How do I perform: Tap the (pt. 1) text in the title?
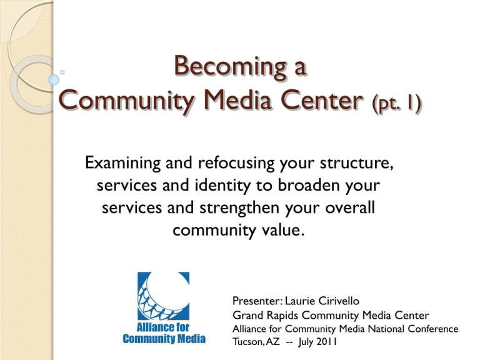[397, 103]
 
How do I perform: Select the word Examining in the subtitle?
[122, 164]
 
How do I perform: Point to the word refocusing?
[236, 164]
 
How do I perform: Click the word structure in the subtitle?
[356, 163]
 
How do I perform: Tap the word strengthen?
[239, 208]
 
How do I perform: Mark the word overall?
[349, 207]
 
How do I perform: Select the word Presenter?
[256, 301]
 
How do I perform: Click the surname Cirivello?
[339, 301]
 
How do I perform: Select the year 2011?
[327, 341]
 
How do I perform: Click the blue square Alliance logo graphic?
[164, 296]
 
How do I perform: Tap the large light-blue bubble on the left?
[54, 79]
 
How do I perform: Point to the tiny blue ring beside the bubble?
[62, 72]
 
